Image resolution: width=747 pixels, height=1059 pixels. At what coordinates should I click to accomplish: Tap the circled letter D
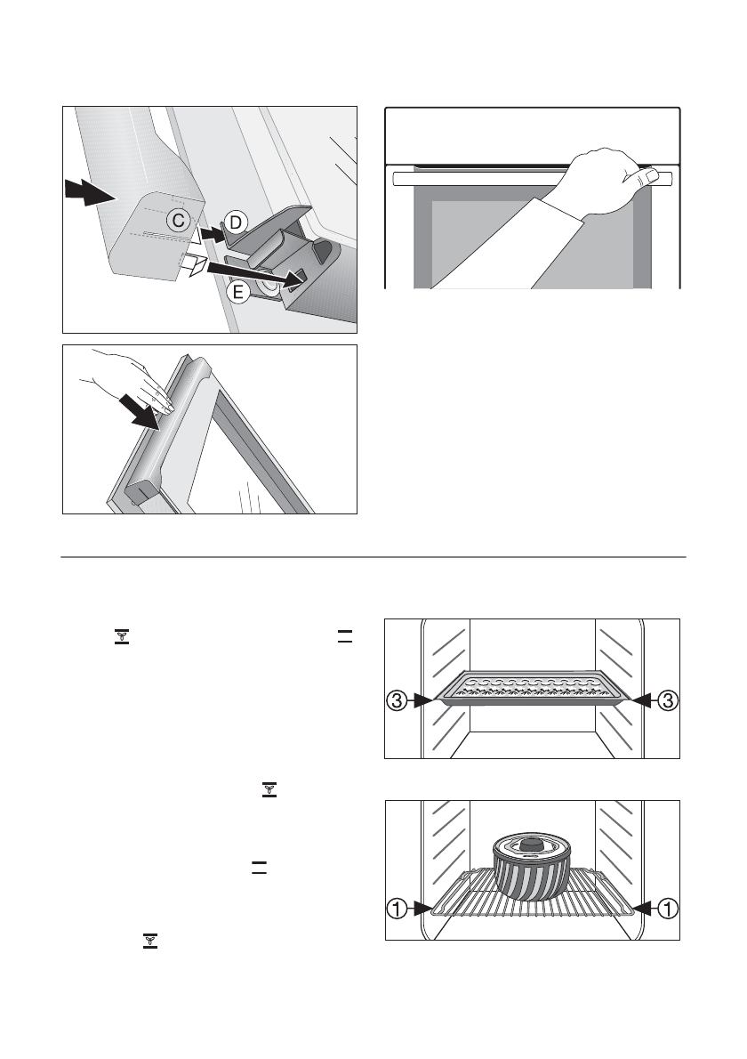[x=234, y=220]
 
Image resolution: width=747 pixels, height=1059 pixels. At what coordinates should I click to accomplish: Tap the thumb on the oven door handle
[x=654, y=176]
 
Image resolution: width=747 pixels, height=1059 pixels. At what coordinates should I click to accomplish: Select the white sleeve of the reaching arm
[x=498, y=249]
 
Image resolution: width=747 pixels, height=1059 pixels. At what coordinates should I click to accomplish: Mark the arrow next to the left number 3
[x=422, y=701]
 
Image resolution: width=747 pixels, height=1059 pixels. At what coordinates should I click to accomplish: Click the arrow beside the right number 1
[x=644, y=909]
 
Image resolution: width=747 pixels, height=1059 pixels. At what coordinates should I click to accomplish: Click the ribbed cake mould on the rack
[x=532, y=877]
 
